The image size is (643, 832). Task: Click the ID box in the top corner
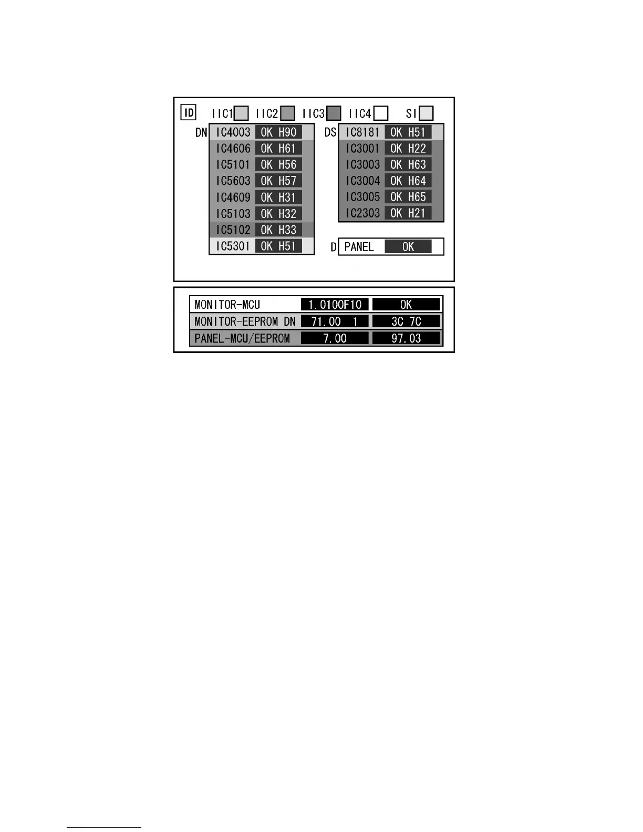point(188,112)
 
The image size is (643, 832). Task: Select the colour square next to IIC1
point(241,113)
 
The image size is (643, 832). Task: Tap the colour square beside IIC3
point(334,113)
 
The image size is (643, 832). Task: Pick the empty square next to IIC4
point(381,113)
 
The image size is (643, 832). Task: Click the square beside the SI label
point(427,113)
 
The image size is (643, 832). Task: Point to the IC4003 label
point(233,132)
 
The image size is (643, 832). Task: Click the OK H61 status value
point(278,149)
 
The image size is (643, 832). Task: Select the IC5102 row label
point(233,230)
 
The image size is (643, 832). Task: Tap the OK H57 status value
point(278,181)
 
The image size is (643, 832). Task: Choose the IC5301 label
point(233,246)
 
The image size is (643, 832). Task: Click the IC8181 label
point(362,132)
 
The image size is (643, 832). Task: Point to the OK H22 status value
point(408,149)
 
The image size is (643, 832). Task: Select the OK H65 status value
point(408,197)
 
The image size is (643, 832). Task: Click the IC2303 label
point(362,214)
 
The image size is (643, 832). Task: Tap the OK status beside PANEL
point(408,247)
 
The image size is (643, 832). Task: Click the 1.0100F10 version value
point(335,305)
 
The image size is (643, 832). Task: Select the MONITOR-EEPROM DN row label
point(245,321)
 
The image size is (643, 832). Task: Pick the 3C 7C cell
point(406,321)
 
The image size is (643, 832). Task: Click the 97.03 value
point(406,338)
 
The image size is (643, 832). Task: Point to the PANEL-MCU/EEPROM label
point(242,338)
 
